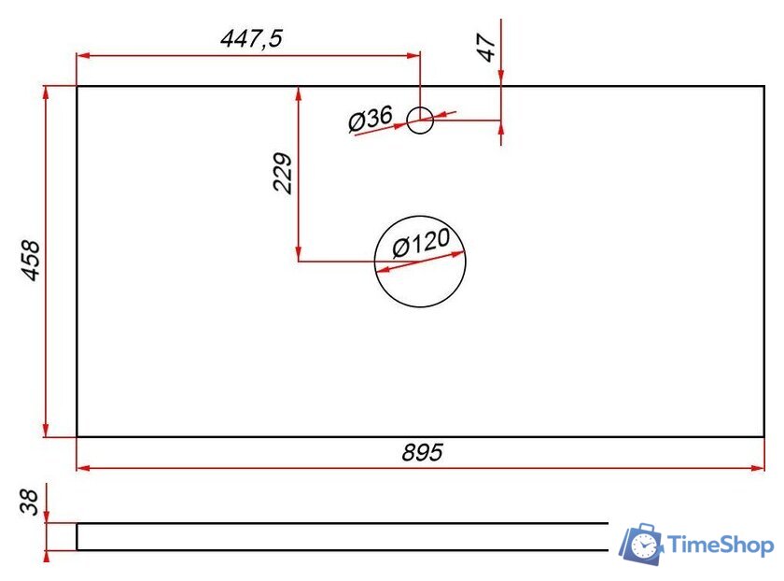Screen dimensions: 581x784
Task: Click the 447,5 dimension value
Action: coord(250,38)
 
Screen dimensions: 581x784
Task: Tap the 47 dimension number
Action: coord(485,50)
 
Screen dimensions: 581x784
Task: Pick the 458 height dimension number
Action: coord(31,262)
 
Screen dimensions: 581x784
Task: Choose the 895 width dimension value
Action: coord(422,453)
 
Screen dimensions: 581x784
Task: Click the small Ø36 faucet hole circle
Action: coord(420,120)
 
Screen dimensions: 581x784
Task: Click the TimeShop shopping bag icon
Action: coord(642,545)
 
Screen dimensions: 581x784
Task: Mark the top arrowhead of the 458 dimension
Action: coord(46,92)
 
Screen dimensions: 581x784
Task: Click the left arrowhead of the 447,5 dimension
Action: coord(83,55)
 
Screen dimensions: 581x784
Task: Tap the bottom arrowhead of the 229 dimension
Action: coord(298,255)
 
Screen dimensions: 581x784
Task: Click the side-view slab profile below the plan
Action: coord(341,537)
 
